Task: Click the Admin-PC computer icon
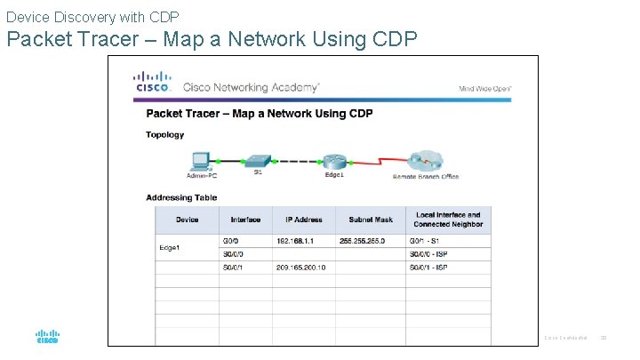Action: [x=200, y=161]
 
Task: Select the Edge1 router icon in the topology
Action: [x=334, y=161]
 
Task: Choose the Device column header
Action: [x=188, y=220]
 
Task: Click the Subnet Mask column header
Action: [x=370, y=220]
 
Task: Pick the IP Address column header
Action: [x=303, y=220]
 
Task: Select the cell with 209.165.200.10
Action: [x=300, y=267]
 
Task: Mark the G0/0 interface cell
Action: [x=229, y=240]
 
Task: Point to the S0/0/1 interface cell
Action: [x=232, y=267]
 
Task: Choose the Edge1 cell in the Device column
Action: [x=171, y=247]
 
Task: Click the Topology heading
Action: [x=164, y=135]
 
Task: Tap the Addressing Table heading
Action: [x=181, y=197]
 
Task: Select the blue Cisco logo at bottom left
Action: [x=47, y=336]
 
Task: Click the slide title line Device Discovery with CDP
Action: [x=92, y=17]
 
